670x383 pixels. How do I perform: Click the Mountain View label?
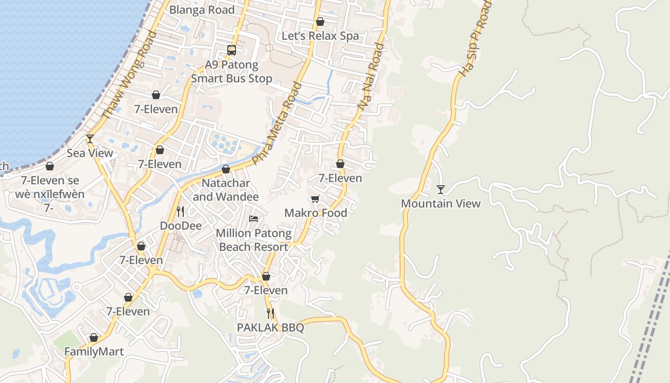tap(440, 203)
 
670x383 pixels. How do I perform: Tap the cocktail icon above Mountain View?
tap(440, 190)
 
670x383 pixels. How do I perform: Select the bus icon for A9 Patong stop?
tap(232, 50)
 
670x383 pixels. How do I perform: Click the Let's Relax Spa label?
tap(320, 36)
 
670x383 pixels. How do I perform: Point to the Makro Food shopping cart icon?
tap(315, 199)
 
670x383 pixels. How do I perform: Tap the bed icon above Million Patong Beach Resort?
tap(254, 219)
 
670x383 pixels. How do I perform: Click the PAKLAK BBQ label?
tap(270, 327)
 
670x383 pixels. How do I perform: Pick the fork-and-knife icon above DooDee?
tap(180, 211)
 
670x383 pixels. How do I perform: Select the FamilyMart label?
tap(94, 352)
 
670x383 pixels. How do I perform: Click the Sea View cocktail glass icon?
tap(90, 139)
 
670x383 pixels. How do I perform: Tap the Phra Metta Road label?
tap(277, 124)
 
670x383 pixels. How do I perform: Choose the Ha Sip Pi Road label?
tap(475, 38)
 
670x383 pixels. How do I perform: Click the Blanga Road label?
tap(202, 10)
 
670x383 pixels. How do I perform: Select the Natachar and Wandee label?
tap(225, 190)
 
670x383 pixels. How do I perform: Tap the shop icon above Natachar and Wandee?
tap(226, 169)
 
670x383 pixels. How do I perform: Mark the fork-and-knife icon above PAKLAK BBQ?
tap(270, 314)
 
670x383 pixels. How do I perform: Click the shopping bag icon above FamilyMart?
tap(94, 338)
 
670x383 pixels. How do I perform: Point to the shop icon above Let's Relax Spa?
tap(320, 22)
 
